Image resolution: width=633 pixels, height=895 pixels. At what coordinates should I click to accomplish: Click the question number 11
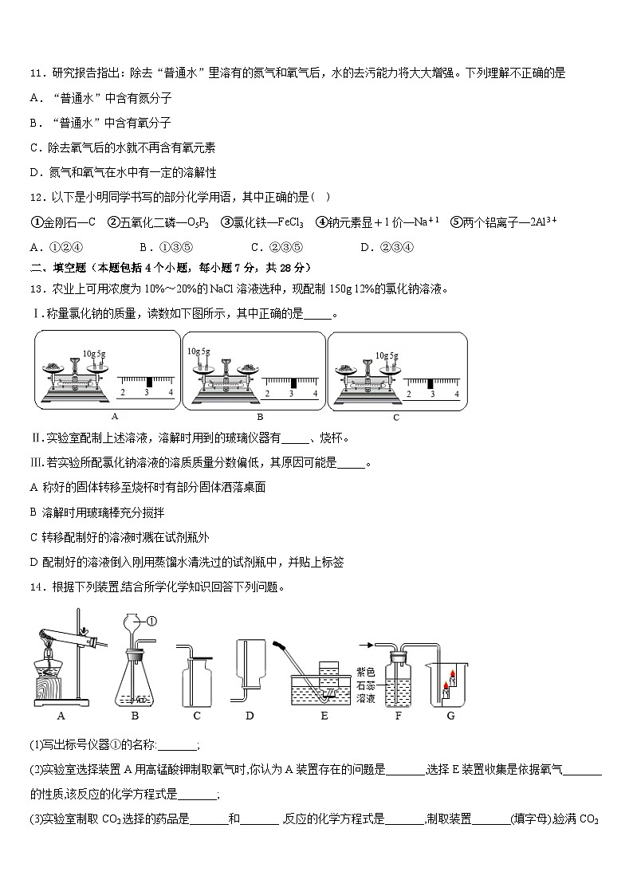tap(36, 73)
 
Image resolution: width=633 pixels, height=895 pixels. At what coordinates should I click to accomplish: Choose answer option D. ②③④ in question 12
tap(379, 247)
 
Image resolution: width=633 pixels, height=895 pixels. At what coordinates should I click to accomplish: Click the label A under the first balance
tap(114, 416)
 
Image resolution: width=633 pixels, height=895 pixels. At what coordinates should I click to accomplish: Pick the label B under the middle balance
tap(259, 416)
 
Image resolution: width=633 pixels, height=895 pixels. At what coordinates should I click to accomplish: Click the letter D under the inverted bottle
tap(250, 716)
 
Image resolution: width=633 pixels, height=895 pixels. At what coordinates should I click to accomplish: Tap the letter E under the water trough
tap(324, 716)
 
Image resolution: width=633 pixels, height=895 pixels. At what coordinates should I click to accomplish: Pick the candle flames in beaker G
tap(452, 678)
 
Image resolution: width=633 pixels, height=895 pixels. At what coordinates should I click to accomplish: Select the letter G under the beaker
tap(450, 716)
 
